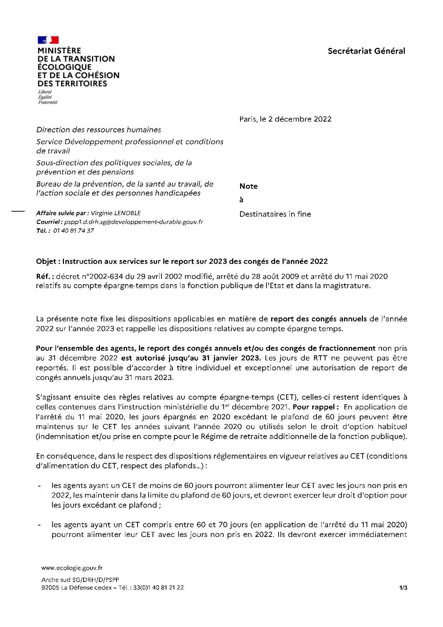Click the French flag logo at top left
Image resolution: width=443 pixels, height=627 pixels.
(x=48, y=40)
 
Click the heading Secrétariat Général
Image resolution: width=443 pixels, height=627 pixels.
(x=366, y=51)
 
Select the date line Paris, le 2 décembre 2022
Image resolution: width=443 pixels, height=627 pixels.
(x=285, y=119)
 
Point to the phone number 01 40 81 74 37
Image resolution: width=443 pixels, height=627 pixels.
(x=73, y=231)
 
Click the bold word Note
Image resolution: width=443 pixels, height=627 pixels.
(x=248, y=186)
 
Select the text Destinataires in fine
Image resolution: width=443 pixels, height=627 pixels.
(x=275, y=214)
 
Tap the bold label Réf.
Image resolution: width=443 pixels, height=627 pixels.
(x=44, y=276)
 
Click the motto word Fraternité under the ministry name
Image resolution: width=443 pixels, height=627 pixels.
(x=48, y=102)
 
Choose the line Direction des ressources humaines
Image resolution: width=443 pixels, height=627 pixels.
(x=99, y=130)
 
